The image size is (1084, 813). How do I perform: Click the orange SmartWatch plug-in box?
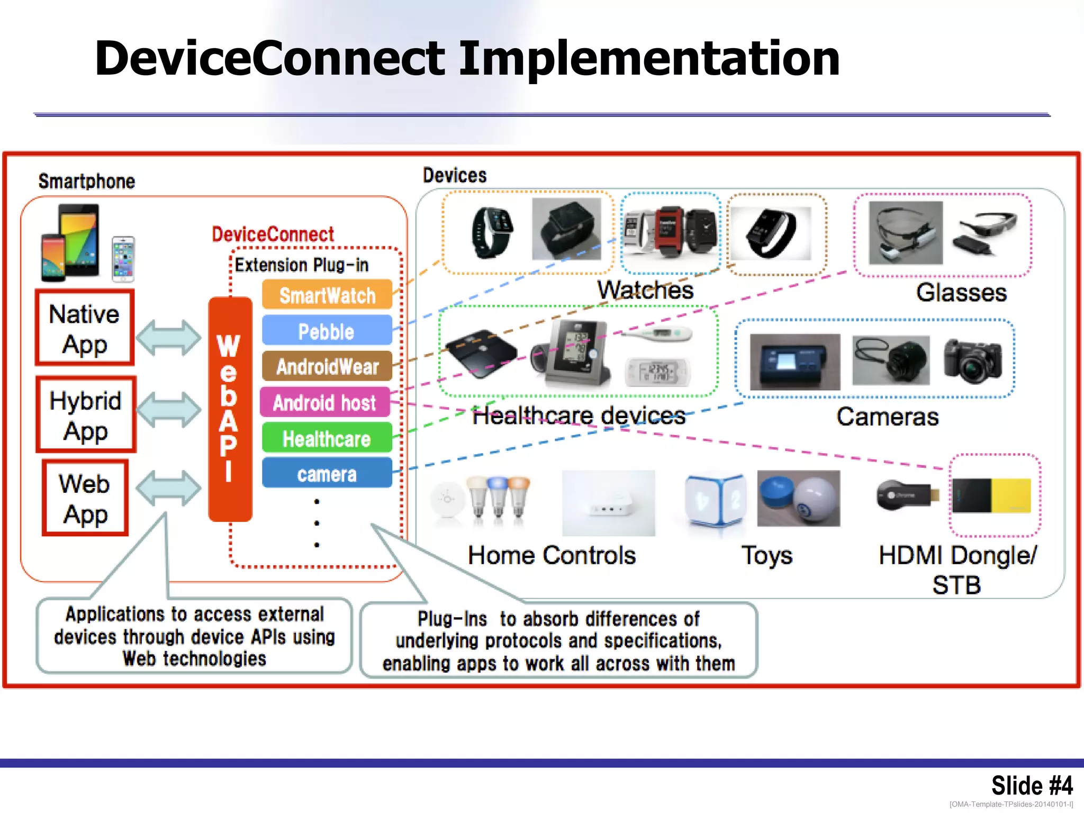click(327, 295)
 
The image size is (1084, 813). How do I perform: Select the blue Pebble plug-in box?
click(327, 331)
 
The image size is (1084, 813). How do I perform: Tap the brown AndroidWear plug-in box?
click(327, 366)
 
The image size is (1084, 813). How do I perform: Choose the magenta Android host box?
click(325, 402)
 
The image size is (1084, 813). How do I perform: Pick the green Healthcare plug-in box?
click(327, 438)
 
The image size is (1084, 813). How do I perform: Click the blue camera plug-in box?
click(327, 474)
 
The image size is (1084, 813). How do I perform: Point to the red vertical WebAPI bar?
click(230, 409)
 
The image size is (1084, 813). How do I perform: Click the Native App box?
click(85, 328)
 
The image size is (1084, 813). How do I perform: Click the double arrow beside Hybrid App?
click(168, 409)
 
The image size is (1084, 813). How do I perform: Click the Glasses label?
click(961, 293)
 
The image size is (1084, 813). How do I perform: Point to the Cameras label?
click(887, 417)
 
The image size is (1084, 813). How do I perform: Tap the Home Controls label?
click(552, 555)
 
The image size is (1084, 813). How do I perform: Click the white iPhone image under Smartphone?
click(123, 259)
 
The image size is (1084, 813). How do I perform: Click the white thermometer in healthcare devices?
click(656, 333)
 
